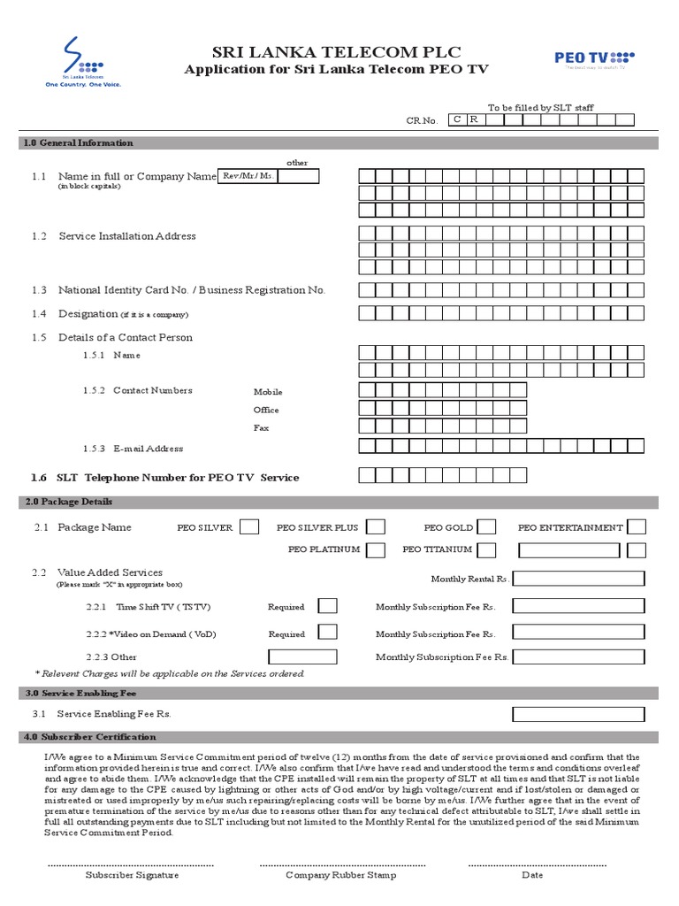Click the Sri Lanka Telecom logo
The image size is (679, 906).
[83, 63]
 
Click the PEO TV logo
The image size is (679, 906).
[594, 58]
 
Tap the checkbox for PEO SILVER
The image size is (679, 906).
[249, 527]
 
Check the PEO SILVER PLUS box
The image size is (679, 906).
[376, 527]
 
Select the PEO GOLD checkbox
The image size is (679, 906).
[487, 527]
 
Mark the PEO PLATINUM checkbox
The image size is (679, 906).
[376, 549]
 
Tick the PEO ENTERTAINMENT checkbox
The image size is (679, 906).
[637, 527]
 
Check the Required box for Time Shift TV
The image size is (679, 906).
[327, 607]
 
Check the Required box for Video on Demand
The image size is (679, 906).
[327, 633]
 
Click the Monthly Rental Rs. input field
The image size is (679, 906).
[578, 579]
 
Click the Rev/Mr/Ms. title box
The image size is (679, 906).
[248, 177]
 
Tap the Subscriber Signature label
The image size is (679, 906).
[132, 874]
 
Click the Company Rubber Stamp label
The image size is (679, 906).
[340, 874]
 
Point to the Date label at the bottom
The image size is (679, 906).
[532, 874]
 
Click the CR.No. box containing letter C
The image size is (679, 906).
[457, 119]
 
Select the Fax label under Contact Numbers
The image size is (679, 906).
[261, 428]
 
